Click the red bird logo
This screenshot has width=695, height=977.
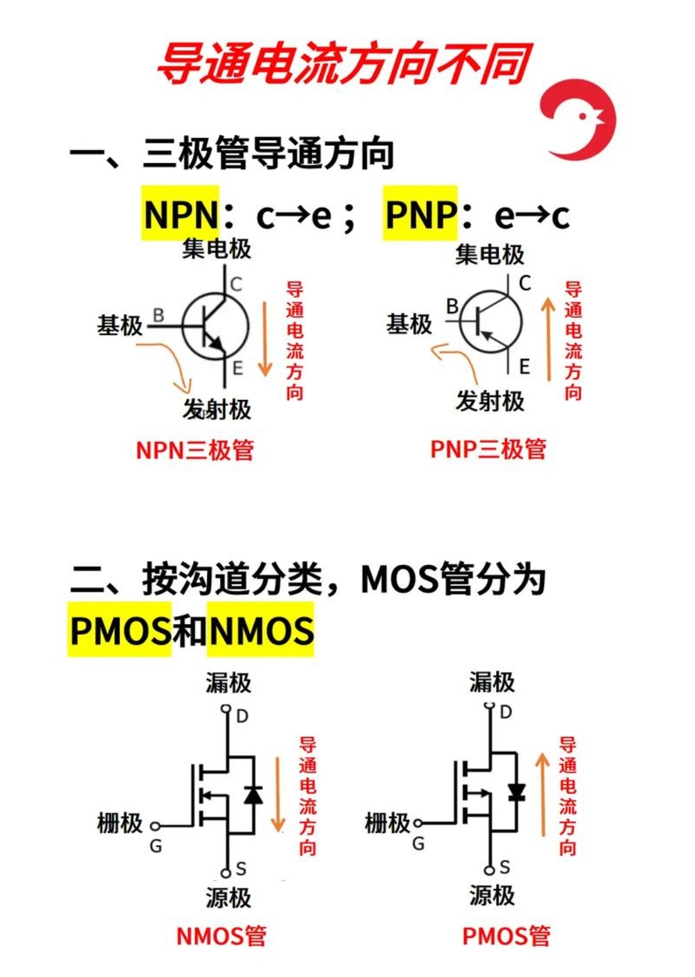pos(578,118)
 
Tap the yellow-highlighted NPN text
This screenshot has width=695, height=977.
pos(181,214)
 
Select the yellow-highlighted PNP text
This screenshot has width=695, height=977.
pos(421,214)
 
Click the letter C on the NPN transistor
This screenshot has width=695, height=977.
pos(236,284)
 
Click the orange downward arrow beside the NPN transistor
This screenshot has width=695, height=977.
pos(265,338)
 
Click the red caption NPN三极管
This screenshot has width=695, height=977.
pos(194,450)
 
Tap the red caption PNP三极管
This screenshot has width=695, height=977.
pos(488,449)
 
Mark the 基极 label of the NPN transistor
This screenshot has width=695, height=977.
pos(120,325)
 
